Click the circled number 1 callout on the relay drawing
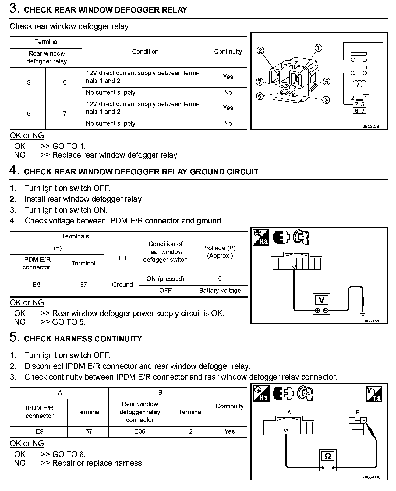(318, 48)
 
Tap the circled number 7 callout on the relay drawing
(259, 82)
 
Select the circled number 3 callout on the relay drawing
(326, 100)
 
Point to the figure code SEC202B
(370, 126)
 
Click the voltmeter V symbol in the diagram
(321, 300)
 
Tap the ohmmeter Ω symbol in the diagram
(328, 456)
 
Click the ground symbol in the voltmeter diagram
(363, 313)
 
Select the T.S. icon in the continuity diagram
(374, 394)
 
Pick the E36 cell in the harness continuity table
(140, 431)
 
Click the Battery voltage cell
(220, 291)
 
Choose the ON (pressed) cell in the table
(165, 279)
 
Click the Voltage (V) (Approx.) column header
(220, 252)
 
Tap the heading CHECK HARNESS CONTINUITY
(83, 339)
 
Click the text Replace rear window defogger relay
(115, 155)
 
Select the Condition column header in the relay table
(145, 51)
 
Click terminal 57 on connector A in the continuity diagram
(286, 431)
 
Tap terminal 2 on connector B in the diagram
(364, 420)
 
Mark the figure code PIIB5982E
(371, 321)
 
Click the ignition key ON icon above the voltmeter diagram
(301, 237)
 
